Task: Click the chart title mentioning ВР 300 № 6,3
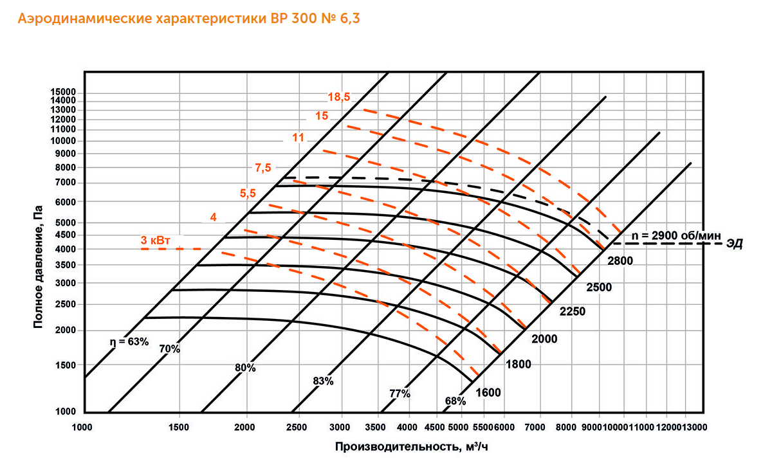click(x=189, y=19)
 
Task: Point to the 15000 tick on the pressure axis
click(x=63, y=92)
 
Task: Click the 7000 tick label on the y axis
click(x=66, y=183)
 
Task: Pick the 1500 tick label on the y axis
click(x=66, y=365)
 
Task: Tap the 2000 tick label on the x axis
click(x=246, y=427)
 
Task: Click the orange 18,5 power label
click(x=338, y=98)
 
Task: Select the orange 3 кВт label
click(x=156, y=241)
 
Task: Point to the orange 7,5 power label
click(x=263, y=168)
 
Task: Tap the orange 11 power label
click(x=298, y=137)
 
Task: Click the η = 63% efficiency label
click(x=128, y=341)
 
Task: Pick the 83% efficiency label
click(x=323, y=381)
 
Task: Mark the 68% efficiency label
click(x=455, y=401)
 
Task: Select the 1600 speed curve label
click(x=488, y=392)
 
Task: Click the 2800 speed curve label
click(x=620, y=260)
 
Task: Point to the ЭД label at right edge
click(x=735, y=244)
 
